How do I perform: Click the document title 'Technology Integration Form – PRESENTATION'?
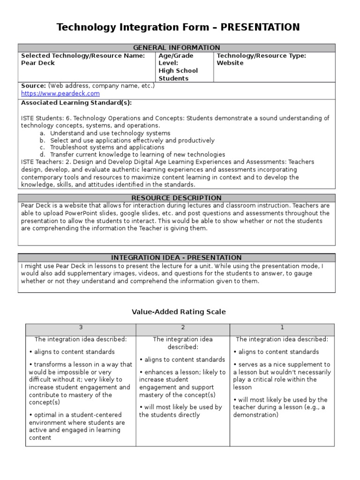(178, 28)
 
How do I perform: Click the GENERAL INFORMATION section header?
(177, 48)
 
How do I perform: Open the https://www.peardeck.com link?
(60, 94)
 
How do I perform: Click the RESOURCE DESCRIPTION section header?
(177, 198)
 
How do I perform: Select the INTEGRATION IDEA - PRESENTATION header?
(177, 257)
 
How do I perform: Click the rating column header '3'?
(81, 328)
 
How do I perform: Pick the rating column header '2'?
(183, 328)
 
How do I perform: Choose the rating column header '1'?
(282, 328)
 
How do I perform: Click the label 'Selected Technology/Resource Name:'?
(83, 56)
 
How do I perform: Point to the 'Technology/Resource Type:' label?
(261, 56)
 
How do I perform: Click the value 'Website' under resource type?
(230, 63)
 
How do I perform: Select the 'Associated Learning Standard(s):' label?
(76, 103)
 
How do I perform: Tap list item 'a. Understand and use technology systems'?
(110, 133)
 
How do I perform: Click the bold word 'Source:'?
(34, 86)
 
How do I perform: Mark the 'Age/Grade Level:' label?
(176, 59)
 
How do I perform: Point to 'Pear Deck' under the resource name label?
(38, 63)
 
